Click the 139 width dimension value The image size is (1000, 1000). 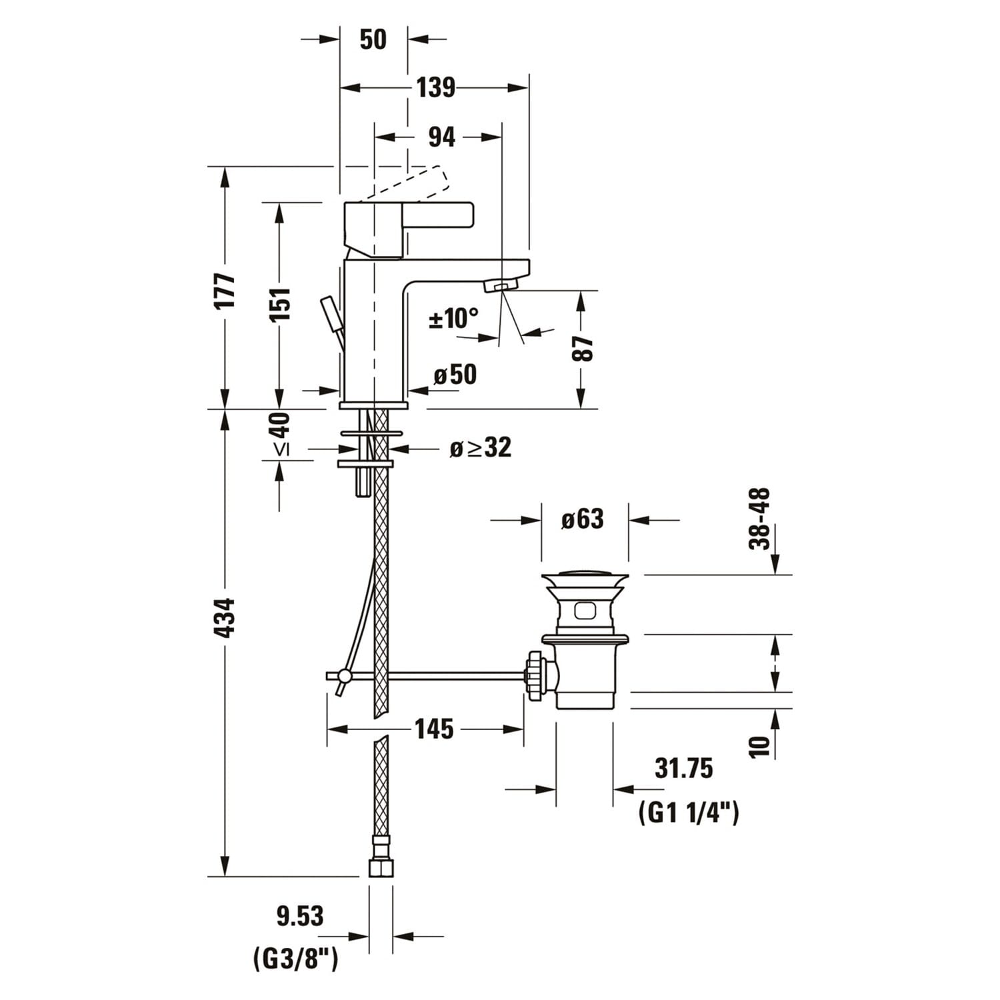[x=435, y=87]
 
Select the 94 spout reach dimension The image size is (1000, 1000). [x=441, y=137]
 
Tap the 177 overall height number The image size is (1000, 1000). [x=226, y=290]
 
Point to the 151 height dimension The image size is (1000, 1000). [x=281, y=305]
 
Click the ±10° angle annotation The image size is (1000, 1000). [x=453, y=318]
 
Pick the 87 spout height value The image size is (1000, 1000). [x=583, y=348]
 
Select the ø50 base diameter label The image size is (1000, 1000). [x=455, y=375]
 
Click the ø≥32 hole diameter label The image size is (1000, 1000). [x=480, y=447]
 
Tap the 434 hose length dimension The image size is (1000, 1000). [x=226, y=618]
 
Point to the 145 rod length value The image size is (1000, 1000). [x=434, y=729]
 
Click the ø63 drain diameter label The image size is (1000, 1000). [x=583, y=519]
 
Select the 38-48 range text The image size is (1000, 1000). [x=760, y=519]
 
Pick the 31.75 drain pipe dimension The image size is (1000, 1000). [x=683, y=768]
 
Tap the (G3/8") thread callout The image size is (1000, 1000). [x=295, y=959]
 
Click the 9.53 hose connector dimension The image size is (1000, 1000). [x=300, y=916]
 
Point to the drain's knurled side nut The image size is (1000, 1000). [x=535, y=676]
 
